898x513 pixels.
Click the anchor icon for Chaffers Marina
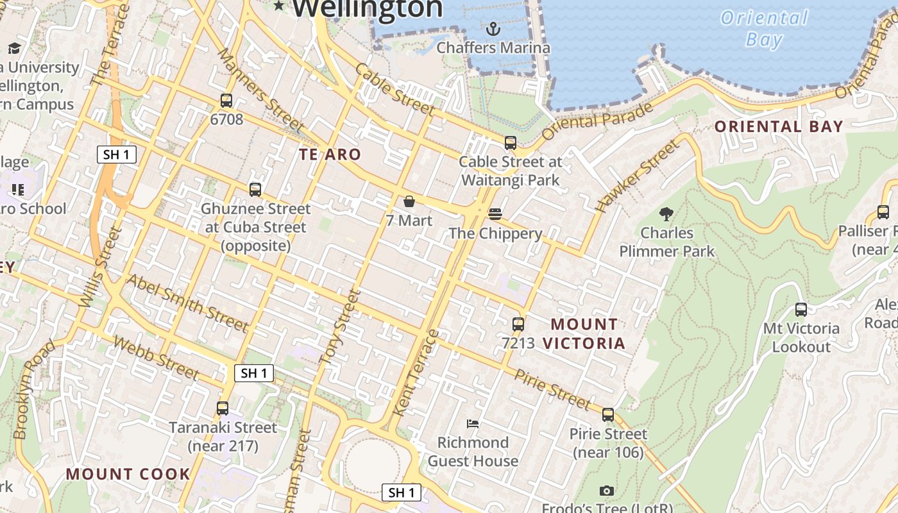(493, 29)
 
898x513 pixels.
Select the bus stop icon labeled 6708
(226, 101)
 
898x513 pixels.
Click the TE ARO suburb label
(330, 155)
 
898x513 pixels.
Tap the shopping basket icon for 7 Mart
(409, 202)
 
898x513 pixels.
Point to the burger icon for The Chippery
(495, 214)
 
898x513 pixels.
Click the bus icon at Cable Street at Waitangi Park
(511, 143)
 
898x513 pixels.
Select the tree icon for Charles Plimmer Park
(666, 214)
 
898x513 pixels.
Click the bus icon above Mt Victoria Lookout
(801, 310)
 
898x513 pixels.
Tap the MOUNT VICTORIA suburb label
(584, 333)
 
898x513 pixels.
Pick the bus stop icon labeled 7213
(518, 324)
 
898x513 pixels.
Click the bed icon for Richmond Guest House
(473, 424)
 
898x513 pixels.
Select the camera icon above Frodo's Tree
(606, 491)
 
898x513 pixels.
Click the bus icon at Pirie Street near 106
(608, 415)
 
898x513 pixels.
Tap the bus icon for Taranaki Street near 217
(223, 408)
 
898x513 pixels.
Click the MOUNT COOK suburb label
(128, 475)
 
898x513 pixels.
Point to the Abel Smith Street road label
(187, 303)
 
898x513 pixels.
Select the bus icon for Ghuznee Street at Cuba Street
(255, 190)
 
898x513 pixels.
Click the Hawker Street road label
(636, 176)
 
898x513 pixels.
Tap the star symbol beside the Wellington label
(279, 6)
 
